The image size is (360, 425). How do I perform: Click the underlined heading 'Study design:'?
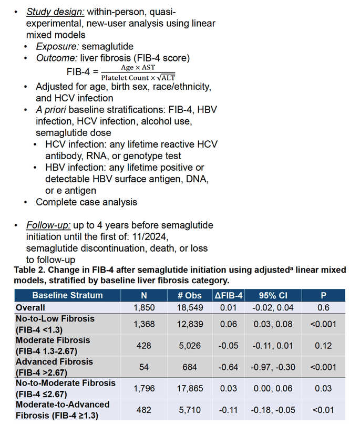pos(55,12)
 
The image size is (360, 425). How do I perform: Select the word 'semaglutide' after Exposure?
pos(108,46)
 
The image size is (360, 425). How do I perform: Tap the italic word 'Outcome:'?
pos(57,58)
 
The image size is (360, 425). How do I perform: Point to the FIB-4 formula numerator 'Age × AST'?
pos(138,67)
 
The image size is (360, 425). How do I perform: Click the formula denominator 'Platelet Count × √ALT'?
pos(138,78)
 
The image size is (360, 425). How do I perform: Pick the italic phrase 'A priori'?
pos(51,110)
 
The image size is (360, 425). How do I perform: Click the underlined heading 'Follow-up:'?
pos(48,225)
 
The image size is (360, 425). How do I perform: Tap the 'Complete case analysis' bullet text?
pos(87,202)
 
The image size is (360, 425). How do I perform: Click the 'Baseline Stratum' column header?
pos(67,295)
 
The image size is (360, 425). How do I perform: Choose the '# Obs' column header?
pos(190,295)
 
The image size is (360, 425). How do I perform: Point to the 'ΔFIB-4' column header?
pos(229,295)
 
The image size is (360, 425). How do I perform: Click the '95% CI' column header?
pos(273,295)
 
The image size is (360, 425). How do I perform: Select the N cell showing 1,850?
pos(144,308)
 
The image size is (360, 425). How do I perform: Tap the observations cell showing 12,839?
pos(190,324)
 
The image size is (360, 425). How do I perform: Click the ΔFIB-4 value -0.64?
pos(228,367)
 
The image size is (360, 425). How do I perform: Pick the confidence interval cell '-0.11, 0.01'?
pos(273,346)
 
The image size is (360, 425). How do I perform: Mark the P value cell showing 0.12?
pos(323,346)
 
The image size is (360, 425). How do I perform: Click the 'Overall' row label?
pos(30,308)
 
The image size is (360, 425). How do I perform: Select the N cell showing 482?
pos(143,410)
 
